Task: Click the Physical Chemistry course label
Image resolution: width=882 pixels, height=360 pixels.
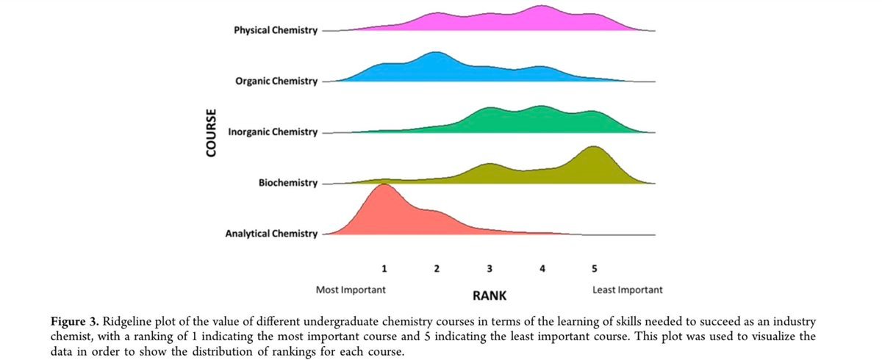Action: [275, 31]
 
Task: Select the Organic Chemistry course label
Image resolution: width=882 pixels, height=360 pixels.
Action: [276, 81]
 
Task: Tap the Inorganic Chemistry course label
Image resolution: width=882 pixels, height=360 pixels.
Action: [273, 132]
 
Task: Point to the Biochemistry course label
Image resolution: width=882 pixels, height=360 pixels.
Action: [288, 183]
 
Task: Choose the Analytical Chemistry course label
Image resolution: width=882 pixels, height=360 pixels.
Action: [271, 234]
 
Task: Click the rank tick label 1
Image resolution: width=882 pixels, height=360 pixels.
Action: [384, 268]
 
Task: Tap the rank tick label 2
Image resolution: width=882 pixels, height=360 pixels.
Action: [437, 268]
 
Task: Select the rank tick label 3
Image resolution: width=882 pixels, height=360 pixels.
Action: [490, 268]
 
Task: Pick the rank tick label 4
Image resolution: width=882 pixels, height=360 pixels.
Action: [542, 268]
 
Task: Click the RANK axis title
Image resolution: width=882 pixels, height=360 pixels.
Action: [488, 295]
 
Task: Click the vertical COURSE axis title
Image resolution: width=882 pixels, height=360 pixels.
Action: [212, 133]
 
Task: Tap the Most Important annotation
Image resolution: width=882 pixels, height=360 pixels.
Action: [351, 289]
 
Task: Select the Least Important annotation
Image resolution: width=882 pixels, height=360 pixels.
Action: [627, 289]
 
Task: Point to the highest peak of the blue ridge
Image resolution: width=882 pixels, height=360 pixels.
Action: [436, 54]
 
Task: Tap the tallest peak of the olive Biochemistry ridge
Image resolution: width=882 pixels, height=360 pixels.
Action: [594, 148]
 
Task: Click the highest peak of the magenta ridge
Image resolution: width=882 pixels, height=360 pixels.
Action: [542, 7]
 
